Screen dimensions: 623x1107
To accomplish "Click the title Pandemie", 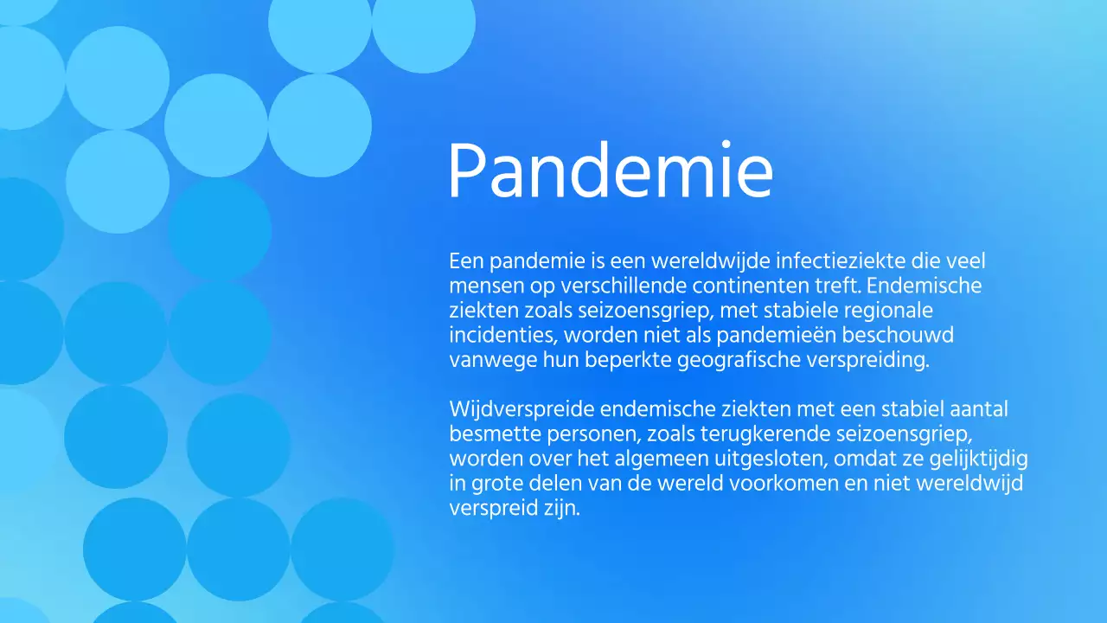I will pyautogui.click(x=610, y=171).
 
